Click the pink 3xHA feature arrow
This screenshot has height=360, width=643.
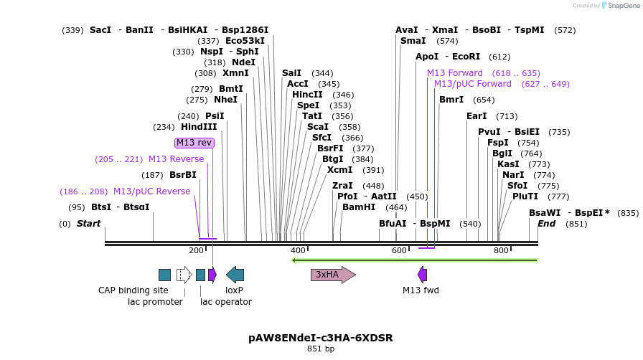tap(332, 275)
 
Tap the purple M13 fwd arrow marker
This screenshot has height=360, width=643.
tap(422, 275)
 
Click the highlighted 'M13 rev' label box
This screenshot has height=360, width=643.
tap(194, 143)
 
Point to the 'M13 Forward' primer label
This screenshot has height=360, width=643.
tap(455, 73)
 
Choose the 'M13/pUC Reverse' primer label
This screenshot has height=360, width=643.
tap(151, 191)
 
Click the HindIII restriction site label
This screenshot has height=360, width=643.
tap(199, 127)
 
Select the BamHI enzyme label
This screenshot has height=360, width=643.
tap(359, 207)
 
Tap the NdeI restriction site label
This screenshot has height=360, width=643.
tap(243, 62)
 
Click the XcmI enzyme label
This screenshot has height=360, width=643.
tap(339, 170)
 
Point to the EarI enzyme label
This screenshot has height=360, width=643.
tap(477, 116)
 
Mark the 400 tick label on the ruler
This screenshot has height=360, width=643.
tap(298, 250)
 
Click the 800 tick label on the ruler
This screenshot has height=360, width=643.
tap(501, 250)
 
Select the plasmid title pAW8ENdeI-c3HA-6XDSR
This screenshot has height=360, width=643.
tap(321, 337)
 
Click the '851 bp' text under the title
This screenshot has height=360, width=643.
tap(321, 349)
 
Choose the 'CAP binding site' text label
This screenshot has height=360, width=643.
tap(133, 290)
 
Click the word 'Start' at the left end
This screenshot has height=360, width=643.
tap(88, 224)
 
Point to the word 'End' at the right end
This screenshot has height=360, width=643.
tap(546, 224)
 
